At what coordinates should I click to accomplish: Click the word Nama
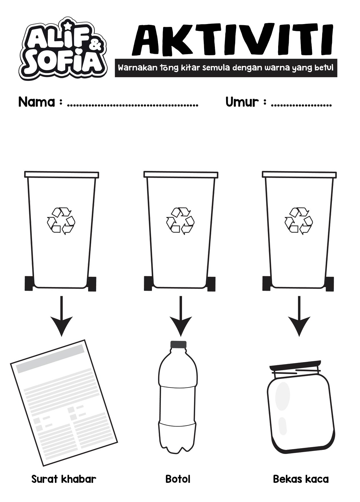click(37, 102)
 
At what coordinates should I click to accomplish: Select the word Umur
click(242, 102)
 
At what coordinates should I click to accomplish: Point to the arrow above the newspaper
click(61, 316)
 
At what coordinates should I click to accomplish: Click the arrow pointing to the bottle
click(181, 316)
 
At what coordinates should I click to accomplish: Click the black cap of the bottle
click(178, 344)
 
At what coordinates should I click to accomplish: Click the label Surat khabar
click(64, 479)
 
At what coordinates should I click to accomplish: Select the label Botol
click(178, 479)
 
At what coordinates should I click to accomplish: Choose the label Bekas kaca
click(301, 479)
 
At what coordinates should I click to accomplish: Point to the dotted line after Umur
click(301, 106)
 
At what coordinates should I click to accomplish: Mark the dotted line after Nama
click(132, 106)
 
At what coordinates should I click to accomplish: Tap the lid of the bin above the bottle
click(181, 175)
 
